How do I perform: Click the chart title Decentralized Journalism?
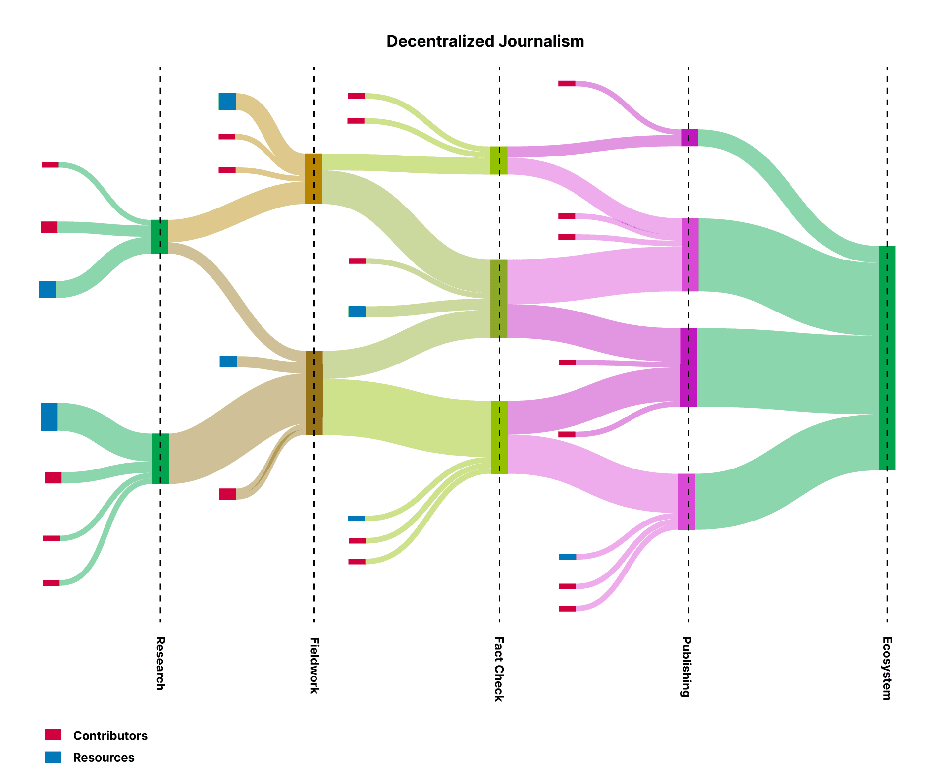point(485,41)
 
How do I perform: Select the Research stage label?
point(160,663)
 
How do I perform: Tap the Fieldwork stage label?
point(314,665)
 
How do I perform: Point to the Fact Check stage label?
point(499,669)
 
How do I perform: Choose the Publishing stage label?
point(686,667)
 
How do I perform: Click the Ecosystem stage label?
point(887,668)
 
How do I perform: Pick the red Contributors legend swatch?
point(53,735)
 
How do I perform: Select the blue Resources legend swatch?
point(53,757)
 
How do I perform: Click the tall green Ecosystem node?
point(887,358)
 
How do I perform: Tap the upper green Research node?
point(159,237)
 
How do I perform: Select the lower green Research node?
point(160,459)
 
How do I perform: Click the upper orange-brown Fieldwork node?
point(314,179)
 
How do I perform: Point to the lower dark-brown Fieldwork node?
point(314,393)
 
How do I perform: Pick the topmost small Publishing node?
point(689,138)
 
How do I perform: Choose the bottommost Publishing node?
point(686,502)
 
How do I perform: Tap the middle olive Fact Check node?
point(499,299)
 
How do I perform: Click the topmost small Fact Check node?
point(499,160)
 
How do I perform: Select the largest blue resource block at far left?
point(49,417)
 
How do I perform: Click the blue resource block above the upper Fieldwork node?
point(227,102)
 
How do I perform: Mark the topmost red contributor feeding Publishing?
point(567,83)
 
